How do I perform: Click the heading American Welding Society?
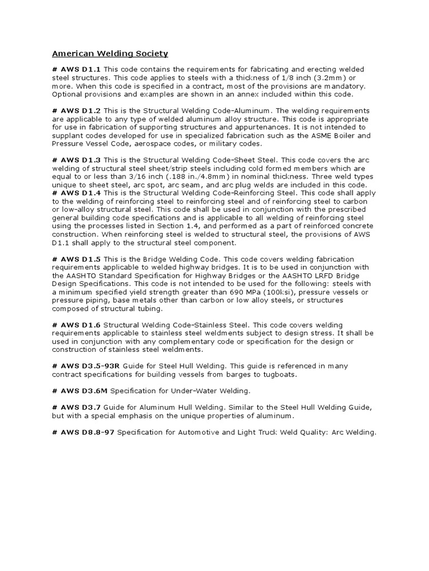[110, 54]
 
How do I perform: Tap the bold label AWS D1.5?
[81, 260]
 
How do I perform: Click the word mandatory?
[345, 86]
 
